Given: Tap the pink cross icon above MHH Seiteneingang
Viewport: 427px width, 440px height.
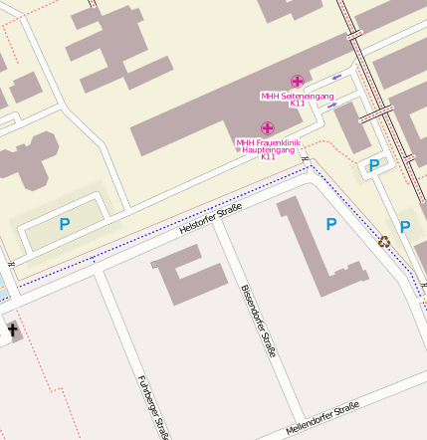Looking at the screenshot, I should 297,81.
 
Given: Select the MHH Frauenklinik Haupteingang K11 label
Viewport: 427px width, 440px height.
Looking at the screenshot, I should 268,149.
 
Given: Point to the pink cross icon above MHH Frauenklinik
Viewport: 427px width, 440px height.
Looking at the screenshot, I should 267,127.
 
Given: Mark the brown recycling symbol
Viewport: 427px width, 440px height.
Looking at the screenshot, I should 384,240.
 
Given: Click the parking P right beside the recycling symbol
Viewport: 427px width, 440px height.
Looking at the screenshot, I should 405,227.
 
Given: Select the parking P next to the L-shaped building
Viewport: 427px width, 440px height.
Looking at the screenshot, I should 330,224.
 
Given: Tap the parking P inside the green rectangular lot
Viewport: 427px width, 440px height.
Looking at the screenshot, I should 65,225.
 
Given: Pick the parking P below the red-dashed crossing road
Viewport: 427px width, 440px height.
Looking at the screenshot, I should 374,164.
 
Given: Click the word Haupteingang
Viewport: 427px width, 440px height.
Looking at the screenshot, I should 268,149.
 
